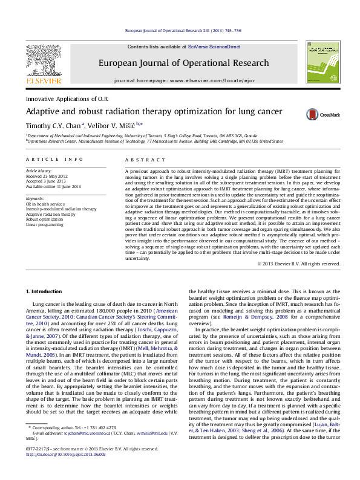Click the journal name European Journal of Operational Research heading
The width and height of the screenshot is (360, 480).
(x=183, y=63)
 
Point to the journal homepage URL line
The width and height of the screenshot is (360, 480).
(x=183, y=80)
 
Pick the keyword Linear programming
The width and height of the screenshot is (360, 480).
(x=44, y=224)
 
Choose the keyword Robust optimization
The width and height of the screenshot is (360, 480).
(x=44, y=219)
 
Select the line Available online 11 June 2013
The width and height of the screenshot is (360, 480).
(x=53, y=187)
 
